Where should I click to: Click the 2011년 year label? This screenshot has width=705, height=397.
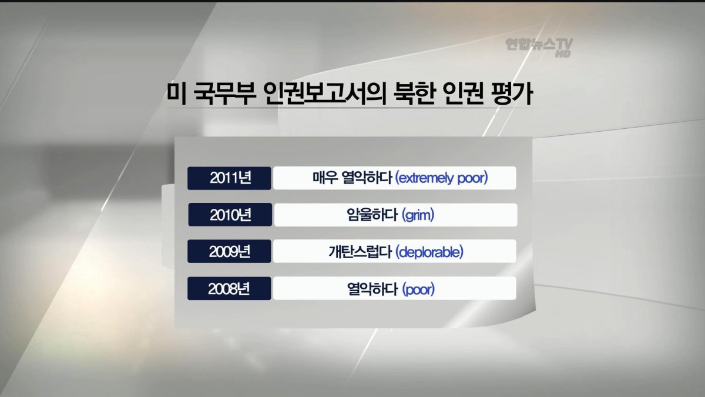tap(231, 178)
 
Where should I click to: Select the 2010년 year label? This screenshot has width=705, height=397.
tap(231, 215)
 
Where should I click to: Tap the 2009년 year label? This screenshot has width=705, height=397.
tap(230, 252)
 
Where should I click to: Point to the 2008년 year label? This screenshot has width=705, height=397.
tap(229, 288)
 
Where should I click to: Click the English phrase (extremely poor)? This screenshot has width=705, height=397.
tap(441, 178)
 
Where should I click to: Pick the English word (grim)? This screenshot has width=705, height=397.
tap(418, 215)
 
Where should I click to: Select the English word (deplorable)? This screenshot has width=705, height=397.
tap(429, 252)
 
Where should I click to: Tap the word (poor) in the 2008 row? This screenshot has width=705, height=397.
tap(418, 289)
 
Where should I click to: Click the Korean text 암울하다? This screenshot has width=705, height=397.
tap(372, 215)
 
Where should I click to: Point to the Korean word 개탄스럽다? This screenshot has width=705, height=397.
tap(360, 252)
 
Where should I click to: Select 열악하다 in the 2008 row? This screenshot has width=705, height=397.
tap(372, 289)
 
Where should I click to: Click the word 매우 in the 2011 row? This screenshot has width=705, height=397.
tap(325, 178)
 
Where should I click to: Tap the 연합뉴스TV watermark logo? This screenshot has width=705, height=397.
tap(539, 45)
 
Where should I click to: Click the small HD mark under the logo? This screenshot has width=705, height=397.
tap(563, 54)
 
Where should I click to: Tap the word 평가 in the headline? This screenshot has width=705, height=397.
tap(512, 94)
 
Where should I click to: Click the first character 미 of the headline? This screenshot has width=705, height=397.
tap(176, 94)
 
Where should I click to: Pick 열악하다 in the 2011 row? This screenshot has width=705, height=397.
tap(367, 178)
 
